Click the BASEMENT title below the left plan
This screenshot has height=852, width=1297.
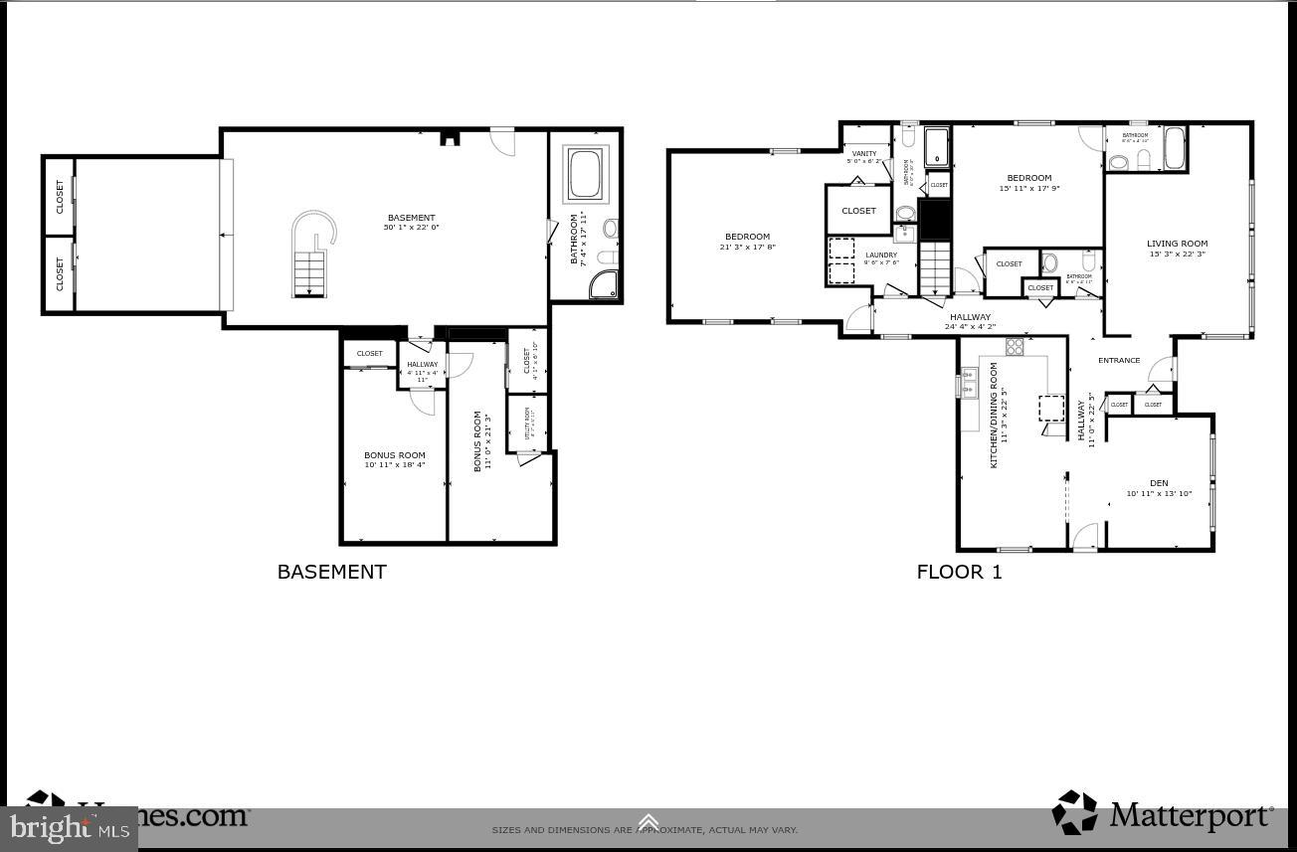(x=331, y=572)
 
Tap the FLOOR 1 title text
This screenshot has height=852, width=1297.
(x=959, y=572)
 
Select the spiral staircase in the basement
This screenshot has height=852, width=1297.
(x=311, y=256)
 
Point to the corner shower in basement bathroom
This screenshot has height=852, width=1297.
(x=604, y=284)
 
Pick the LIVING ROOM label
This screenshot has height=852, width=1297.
(x=1177, y=244)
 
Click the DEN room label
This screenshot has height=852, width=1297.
(x=1159, y=483)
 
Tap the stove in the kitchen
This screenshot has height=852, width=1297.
(x=1015, y=346)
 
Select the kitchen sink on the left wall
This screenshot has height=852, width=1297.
(x=968, y=383)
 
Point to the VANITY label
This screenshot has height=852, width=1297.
(x=864, y=153)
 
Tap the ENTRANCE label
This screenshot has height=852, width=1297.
(x=1118, y=360)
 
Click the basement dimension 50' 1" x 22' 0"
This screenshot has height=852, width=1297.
(x=411, y=228)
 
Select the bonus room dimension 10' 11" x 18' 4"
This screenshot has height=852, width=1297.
(x=394, y=464)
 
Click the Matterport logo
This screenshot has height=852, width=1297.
(x=1163, y=814)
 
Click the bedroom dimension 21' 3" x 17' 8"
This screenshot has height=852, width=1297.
(x=747, y=247)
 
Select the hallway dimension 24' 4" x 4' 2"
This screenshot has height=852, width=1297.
(x=969, y=326)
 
